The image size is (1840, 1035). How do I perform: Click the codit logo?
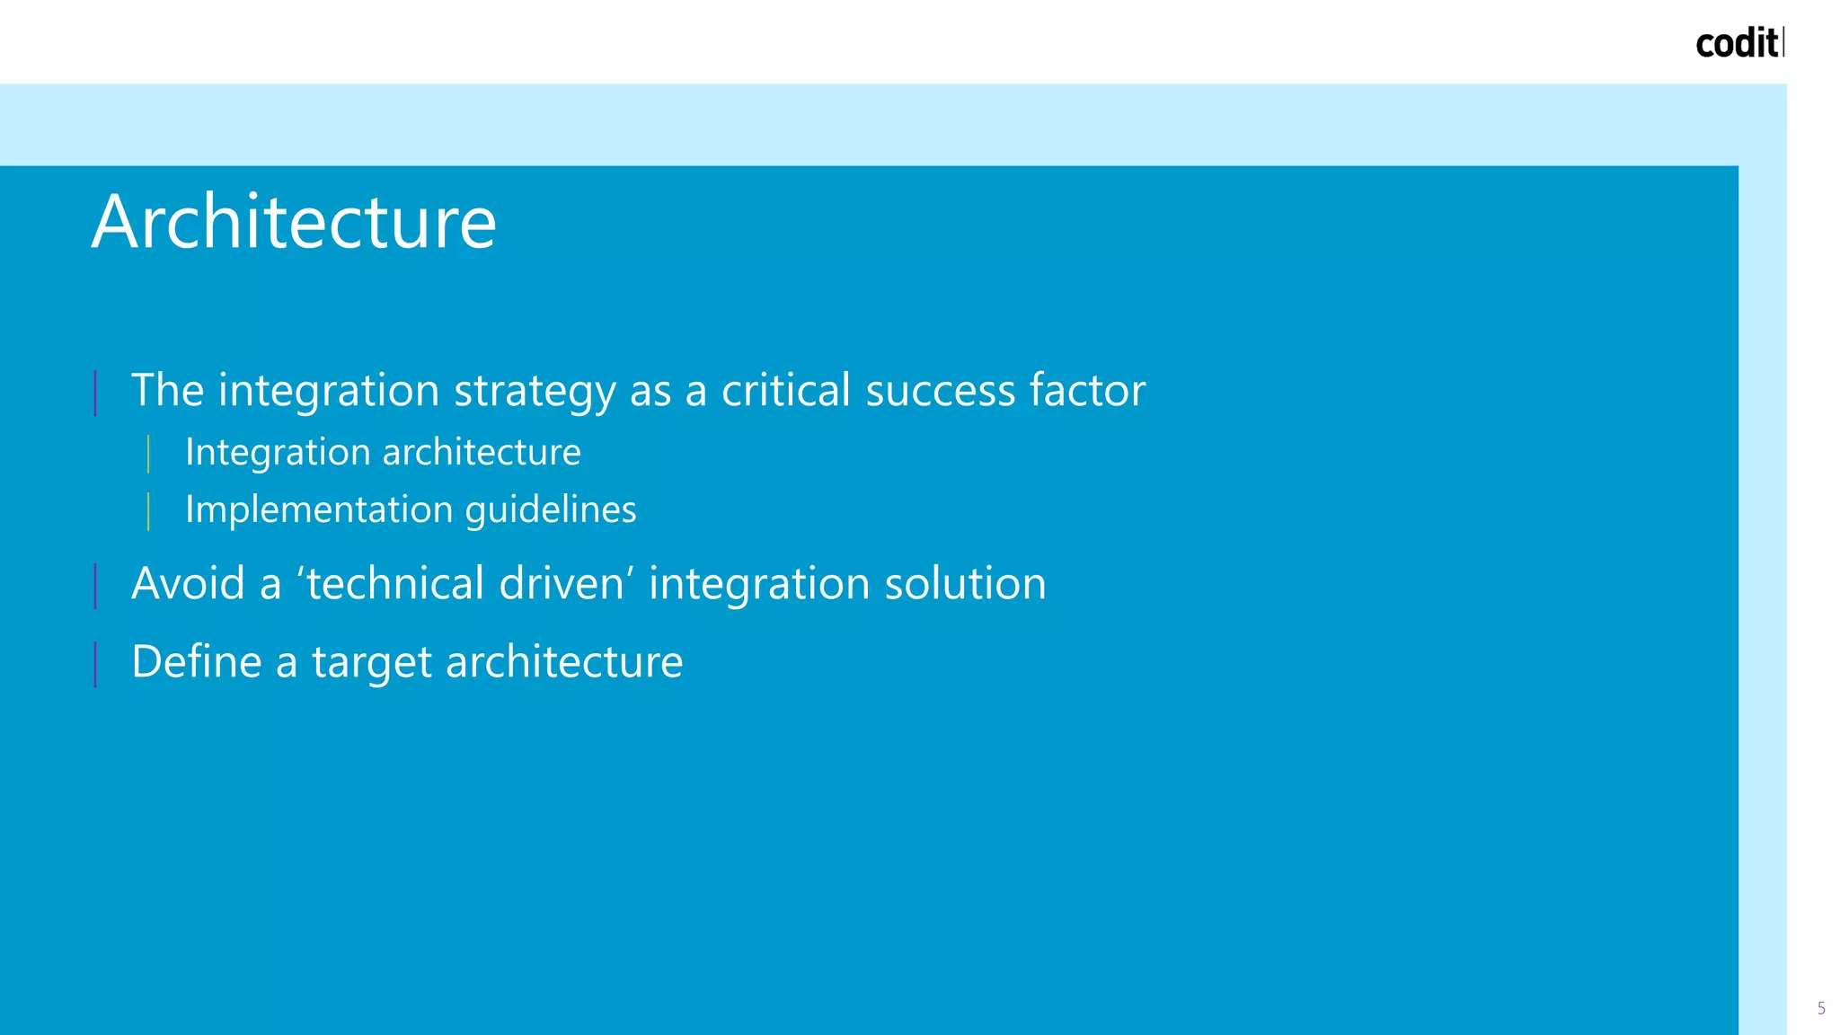tap(1738, 43)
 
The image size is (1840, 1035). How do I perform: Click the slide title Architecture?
tap(294, 222)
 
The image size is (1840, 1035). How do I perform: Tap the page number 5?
tap(1821, 1008)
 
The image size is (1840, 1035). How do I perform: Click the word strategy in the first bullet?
tap(535, 392)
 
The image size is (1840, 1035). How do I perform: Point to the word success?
tap(940, 390)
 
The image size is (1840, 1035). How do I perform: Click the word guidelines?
tap(551, 509)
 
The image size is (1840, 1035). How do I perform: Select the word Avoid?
tap(188, 583)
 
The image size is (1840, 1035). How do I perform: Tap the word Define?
tap(197, 661)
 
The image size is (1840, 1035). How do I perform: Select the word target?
tap(372, 663)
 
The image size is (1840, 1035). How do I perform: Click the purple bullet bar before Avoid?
tap(95, 586)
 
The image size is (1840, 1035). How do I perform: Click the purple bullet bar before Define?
tap(95, 664)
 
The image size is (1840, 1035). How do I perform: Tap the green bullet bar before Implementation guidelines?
tap(148, 511)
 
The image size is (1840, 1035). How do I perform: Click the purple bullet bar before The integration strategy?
tap(95, 393)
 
